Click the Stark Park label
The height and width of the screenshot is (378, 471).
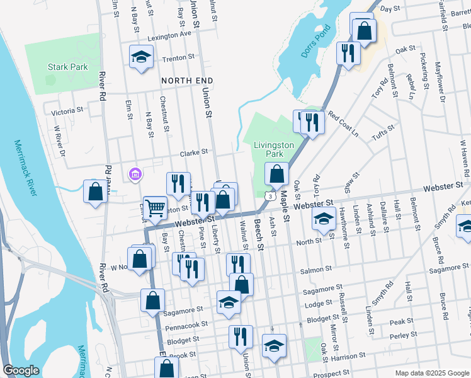coord(67,67)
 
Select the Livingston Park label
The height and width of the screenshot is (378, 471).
coord(274,149)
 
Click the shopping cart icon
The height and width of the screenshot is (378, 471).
coord(155,207)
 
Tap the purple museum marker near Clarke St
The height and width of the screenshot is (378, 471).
coord(133,174)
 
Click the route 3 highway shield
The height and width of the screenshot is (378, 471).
coord(270,197)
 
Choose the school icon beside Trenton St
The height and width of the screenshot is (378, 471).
coord(142,57)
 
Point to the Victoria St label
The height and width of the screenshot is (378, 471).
coord(67,111)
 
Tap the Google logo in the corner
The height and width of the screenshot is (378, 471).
coord(21,370)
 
